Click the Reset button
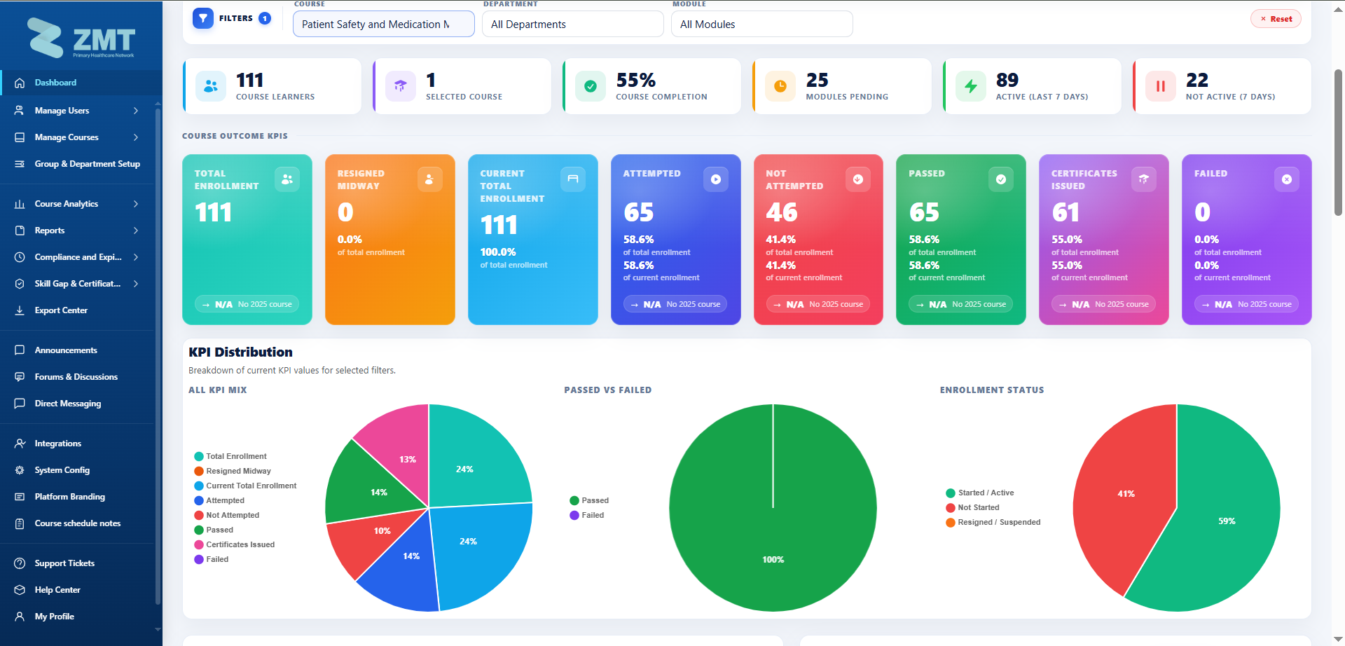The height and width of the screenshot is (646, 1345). (x=1276, y=19)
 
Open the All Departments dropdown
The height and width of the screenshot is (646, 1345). (x=572, y=24)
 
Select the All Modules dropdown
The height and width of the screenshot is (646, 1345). (x=761, y=24)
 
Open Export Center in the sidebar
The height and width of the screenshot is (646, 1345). (x=61, y=310)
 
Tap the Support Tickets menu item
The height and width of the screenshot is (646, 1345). (x=64, y=563)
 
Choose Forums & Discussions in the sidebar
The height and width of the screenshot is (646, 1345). (x=76, y=377)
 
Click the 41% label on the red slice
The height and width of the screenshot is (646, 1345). (x=1126, y=494)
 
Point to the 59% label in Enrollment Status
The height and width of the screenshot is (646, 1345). (x=1227, y=521)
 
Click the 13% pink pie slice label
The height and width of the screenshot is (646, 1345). (x=408, y=460)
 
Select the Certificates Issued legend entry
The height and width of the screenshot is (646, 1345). (x=235, y=544)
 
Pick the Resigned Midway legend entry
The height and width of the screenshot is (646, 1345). (x=233, y=471)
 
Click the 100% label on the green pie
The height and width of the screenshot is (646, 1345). (x=773, y=560)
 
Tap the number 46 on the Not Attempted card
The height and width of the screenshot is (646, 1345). (x=782, y=212)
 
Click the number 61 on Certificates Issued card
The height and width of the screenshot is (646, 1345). (x=1065, y=212)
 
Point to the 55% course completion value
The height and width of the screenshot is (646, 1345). (x=636, y=80)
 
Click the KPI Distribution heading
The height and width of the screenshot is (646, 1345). (x=240, y=352)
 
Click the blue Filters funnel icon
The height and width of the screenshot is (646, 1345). (x=203, y=18)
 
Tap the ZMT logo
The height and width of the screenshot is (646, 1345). (x=81, y=39)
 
